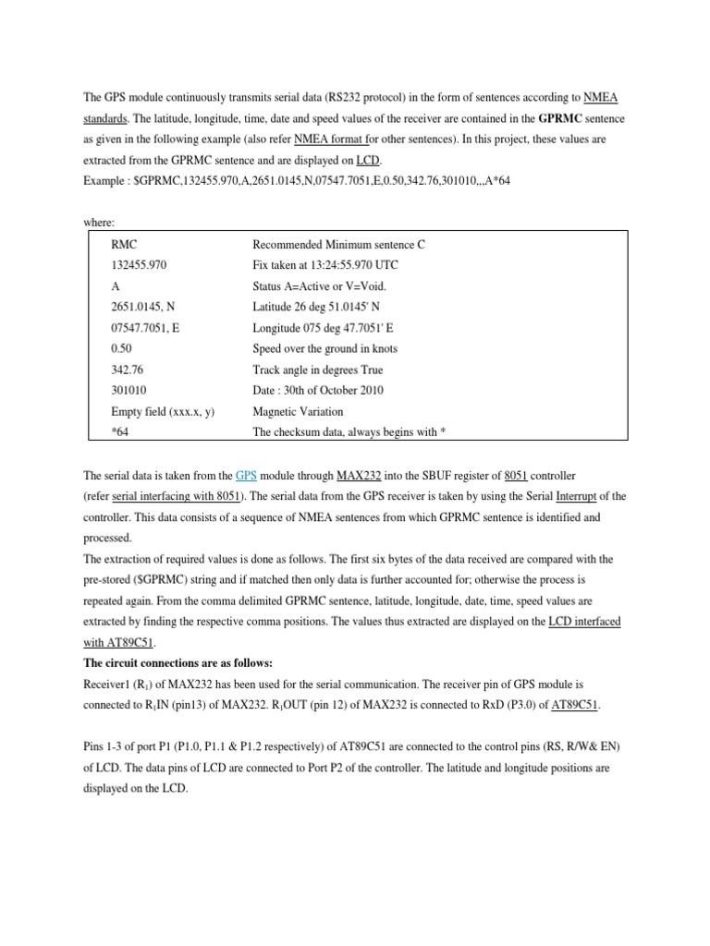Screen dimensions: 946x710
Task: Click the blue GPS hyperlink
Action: (x=246, y=476)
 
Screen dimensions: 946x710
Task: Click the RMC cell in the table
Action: (x=124, y=244)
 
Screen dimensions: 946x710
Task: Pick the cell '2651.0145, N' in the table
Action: (x=142, y=307)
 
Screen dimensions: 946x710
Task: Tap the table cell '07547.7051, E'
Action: (x=145, y=328)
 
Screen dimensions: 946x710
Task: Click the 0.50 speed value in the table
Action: (x=122, y=349)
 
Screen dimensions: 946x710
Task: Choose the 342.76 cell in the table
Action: (x=127, y=370)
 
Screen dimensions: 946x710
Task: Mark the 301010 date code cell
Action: (x=128, y=391)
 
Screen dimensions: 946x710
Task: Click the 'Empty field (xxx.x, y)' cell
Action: (x=163, y=412)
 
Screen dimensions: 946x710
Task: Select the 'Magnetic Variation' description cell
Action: (x=298, y=412)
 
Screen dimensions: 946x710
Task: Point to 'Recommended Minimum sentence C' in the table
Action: (x=338, y=244)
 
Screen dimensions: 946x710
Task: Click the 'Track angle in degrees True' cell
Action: (x=318, y=370)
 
